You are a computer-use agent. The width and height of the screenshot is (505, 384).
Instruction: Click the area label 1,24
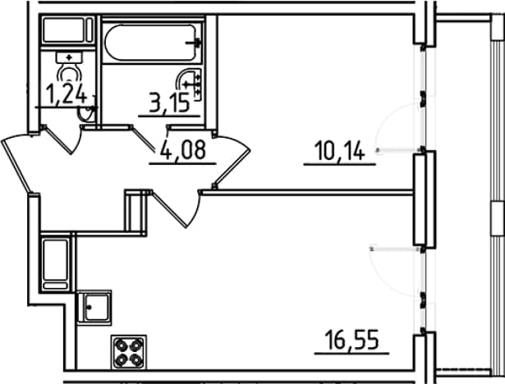67,94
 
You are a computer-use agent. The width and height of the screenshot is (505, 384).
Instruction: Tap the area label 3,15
169,103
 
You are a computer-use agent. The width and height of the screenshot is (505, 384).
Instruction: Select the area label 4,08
182,151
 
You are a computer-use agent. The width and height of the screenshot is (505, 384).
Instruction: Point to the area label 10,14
341,151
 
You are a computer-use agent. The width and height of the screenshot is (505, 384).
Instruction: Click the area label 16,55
351,341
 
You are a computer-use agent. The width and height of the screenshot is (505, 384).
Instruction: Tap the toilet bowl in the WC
69,74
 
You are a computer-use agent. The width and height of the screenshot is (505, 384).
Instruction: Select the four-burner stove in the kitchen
129,351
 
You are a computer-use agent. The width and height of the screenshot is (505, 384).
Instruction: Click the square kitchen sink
94,307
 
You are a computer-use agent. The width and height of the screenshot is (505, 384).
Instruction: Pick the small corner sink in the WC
87,113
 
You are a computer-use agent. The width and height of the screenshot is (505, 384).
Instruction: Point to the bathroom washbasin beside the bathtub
191,85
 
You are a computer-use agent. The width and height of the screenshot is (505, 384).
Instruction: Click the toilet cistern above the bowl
69,57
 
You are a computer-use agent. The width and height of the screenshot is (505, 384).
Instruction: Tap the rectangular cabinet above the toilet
67,30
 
